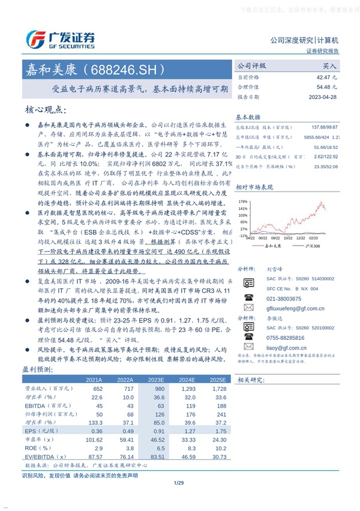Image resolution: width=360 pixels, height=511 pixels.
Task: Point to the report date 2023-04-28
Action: (324, 96)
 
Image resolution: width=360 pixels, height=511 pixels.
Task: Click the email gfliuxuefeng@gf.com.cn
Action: (293, 306)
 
